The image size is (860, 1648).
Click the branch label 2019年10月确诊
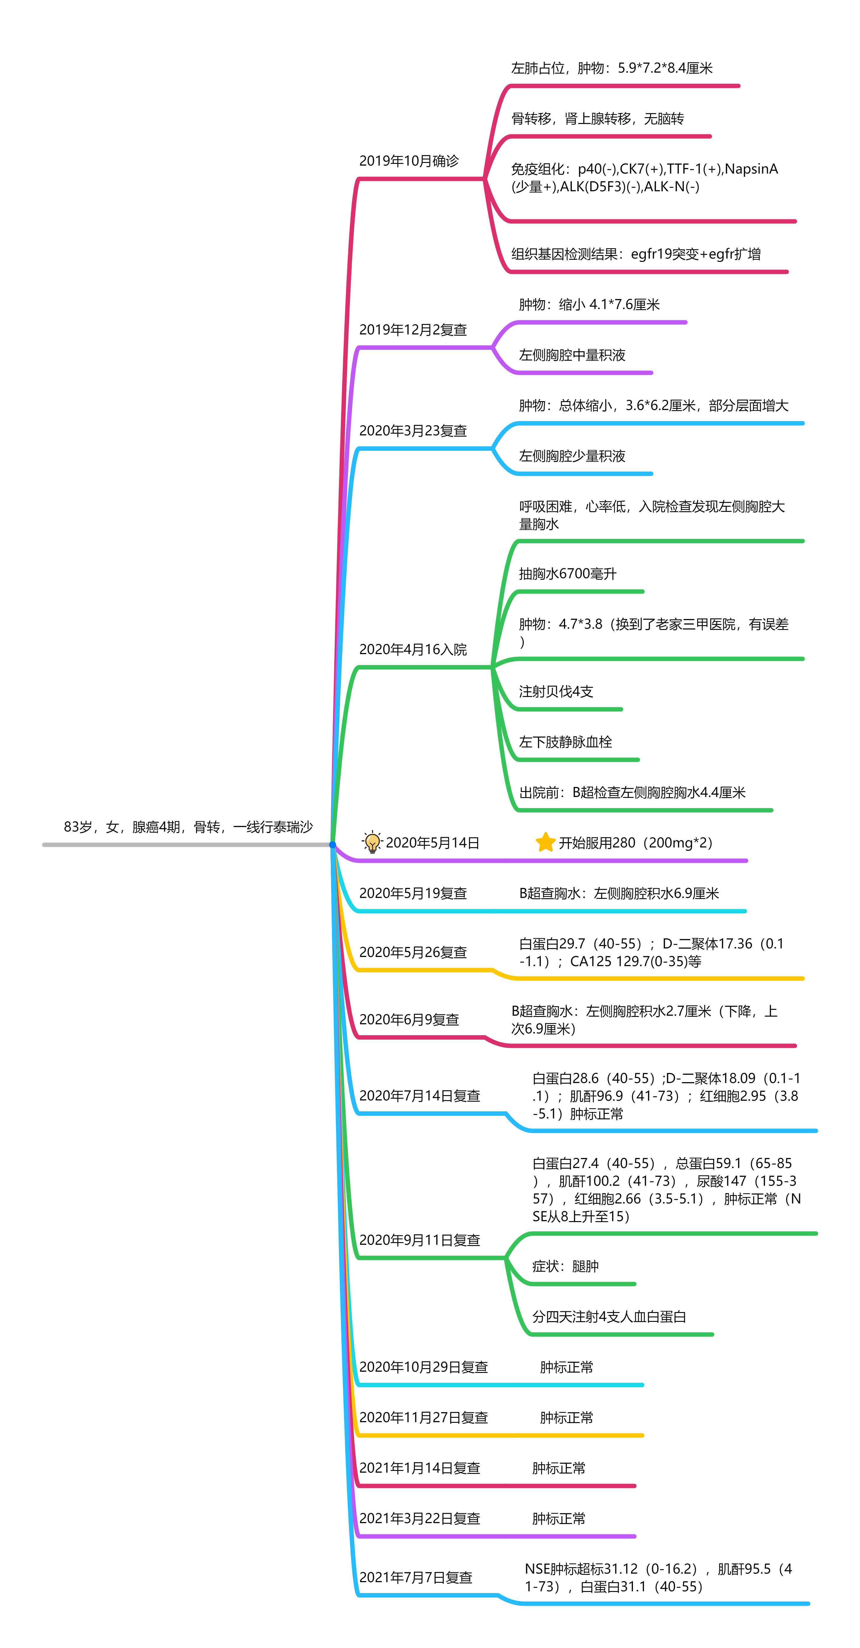[x=409, y=161]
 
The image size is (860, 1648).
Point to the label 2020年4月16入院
[x=413, y=649]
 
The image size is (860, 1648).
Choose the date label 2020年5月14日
[x=433, y=842]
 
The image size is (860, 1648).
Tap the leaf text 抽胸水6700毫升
[x=568, y=574]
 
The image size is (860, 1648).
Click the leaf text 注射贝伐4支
[x=556, y=692]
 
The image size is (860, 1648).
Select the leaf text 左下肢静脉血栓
[x=566, y=742]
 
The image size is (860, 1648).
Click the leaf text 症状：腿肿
[x=566, y=1266]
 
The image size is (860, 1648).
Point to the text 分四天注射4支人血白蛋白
[x=609, y=1317]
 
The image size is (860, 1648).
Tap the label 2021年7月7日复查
[x=416, y=1578]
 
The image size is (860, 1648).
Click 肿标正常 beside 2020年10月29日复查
[x=566, y=1367]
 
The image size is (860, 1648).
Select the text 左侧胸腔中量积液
[x=572, y=355]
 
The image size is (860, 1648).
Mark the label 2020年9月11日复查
[x=420, y=1240]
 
